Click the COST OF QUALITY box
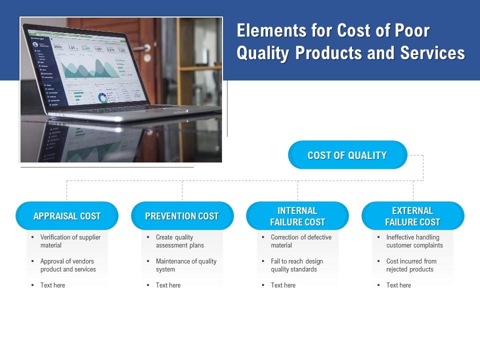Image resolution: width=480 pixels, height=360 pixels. pos(347,155)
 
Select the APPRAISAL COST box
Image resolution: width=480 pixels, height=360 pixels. pos(67,216)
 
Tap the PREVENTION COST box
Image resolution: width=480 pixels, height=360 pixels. pos(182,216)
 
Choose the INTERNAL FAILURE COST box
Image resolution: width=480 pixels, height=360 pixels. pos(297,216)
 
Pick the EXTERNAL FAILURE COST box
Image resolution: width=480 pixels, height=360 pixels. pos(412,216)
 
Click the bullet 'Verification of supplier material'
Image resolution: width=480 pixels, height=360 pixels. pos(70,241)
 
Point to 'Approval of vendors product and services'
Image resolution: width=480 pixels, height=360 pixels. pos(68,265)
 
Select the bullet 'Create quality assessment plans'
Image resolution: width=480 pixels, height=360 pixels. pos(179,241)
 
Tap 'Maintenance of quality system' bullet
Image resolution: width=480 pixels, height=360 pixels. pos(185,265)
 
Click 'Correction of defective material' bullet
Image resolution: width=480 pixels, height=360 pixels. pos(300,241)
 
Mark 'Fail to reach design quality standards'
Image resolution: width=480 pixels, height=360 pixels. pos(296,265)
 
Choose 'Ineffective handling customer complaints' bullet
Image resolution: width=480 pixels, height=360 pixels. pos(414,241)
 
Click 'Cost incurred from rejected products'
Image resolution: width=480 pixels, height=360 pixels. pos(411,265)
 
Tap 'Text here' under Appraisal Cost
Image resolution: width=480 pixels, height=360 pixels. pos(52,285)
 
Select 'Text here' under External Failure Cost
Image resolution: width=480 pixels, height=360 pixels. pos(398,285)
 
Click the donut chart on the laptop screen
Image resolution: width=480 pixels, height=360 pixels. pos(103,97)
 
